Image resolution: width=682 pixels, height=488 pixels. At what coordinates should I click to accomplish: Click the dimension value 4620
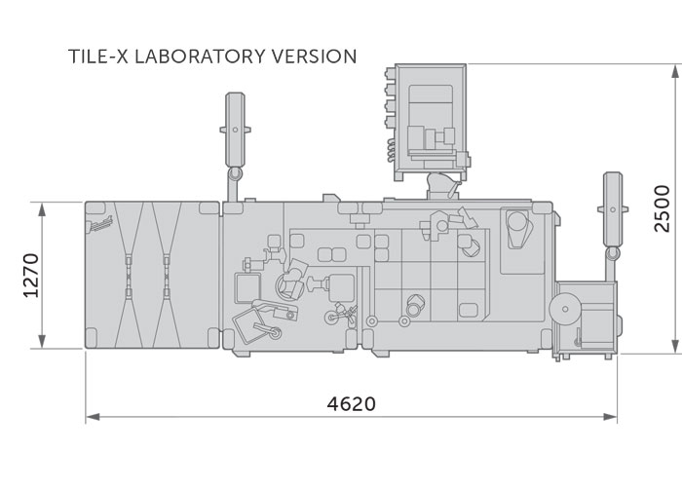351,403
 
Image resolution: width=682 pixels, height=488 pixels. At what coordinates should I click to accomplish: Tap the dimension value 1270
31,276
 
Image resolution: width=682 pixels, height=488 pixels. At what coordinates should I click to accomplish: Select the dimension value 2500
662,208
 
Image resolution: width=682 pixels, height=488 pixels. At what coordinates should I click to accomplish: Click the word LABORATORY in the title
199,56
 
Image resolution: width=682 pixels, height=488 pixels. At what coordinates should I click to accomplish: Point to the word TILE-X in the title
98,56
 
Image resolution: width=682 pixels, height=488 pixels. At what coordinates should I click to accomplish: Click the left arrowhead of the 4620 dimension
93,417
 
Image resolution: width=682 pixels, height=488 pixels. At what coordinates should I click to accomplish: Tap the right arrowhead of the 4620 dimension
610,417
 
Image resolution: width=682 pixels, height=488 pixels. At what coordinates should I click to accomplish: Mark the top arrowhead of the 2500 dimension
675,72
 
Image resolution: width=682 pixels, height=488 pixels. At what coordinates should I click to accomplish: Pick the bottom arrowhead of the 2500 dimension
675,346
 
